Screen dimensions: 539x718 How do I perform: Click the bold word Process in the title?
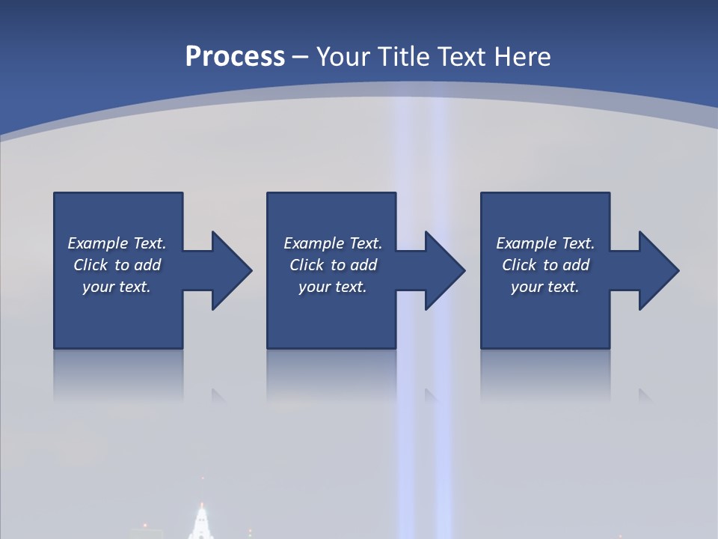(235, 57)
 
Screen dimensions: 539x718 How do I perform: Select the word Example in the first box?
(98, 243)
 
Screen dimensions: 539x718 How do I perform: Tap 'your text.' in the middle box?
(332, 287)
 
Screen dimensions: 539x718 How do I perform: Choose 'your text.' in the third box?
(544, 287)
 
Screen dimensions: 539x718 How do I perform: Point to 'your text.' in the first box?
(116, 287)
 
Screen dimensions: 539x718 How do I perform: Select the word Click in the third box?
(519, 265)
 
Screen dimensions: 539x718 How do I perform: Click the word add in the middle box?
(363, 265)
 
